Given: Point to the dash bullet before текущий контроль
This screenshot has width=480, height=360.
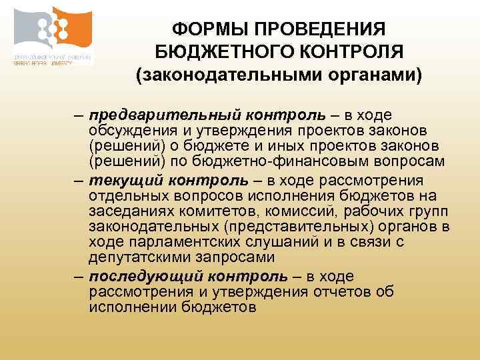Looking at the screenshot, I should [x=79, y=181].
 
